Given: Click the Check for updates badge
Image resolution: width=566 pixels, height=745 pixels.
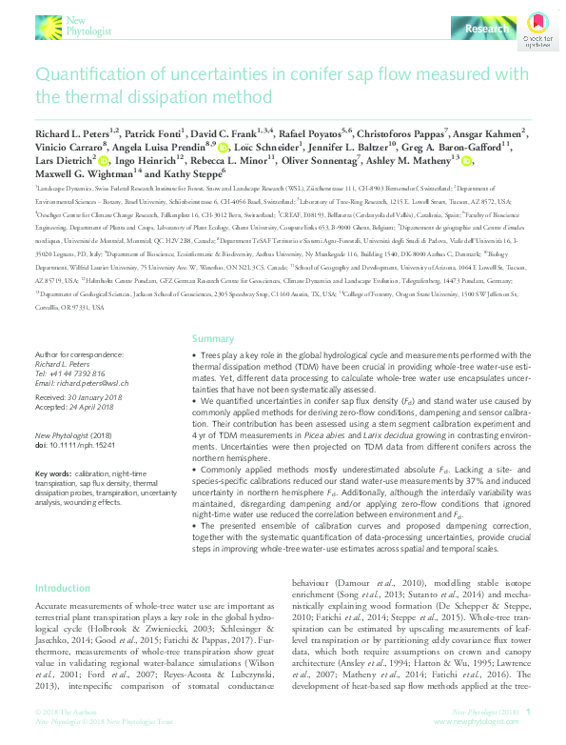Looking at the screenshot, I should click(537, 30).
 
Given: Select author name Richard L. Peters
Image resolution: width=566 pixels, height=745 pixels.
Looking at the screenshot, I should click(74, 134).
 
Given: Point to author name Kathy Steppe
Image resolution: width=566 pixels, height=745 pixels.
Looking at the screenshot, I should click(195, 174).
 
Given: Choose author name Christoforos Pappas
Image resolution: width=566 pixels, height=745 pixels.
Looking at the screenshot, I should click(408, 134).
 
